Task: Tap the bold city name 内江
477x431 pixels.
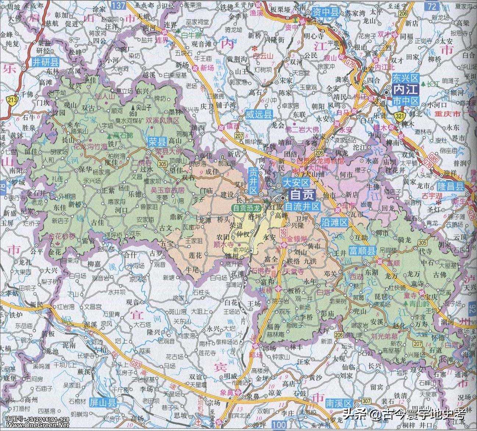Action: click(405, 89)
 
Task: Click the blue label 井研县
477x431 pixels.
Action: click(45, 62)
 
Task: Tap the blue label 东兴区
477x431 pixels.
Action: click(406, 78)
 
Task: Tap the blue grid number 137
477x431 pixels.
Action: click(118, 5)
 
